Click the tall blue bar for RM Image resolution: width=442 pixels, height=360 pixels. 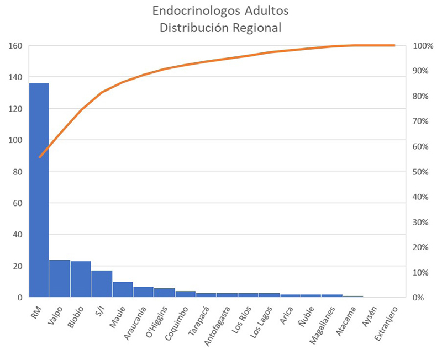click(39, 190)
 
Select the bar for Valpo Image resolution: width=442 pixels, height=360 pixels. click(60, 278)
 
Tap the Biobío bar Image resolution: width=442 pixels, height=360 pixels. click(81, 279)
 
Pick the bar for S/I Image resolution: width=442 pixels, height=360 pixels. click(102, 284)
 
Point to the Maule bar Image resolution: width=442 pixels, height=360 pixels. click(123, 289)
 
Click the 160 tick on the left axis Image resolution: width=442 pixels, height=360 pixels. click(15, 46)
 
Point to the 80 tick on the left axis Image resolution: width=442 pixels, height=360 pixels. click(17, 172)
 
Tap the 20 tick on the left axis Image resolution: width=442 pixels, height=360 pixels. click(17, 266)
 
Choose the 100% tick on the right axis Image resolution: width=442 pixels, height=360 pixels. click(423, 46)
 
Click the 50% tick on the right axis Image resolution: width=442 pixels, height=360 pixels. click(423, 172)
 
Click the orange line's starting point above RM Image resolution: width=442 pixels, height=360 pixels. click(39, 157)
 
